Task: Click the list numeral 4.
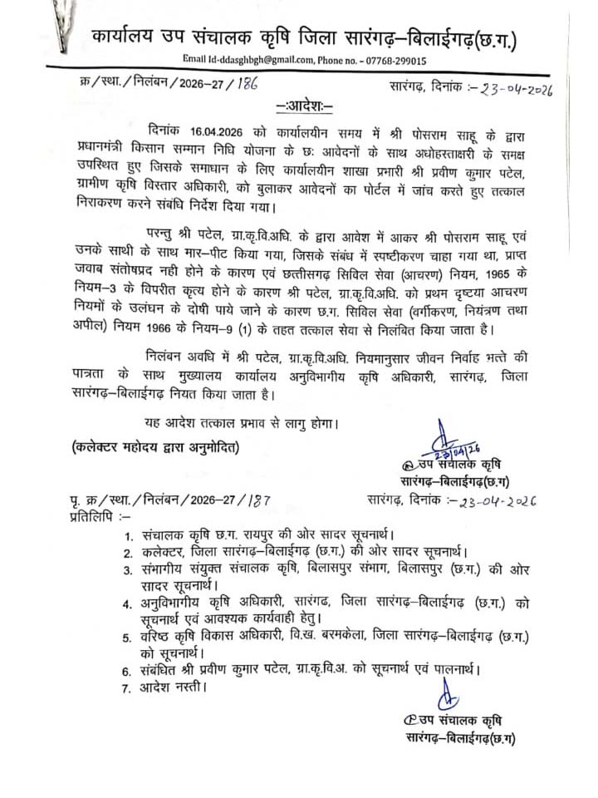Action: coord(127,603)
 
